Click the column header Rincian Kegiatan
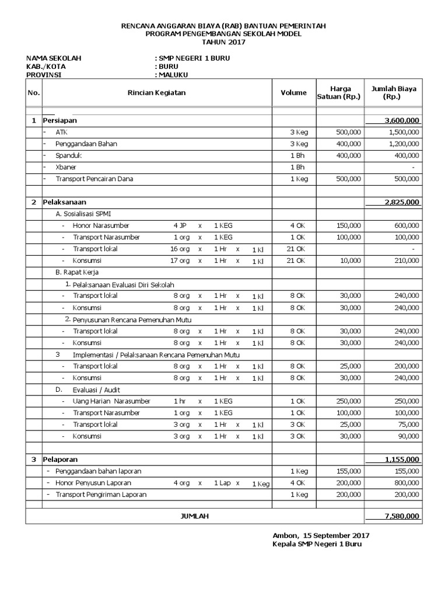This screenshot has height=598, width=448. (x=157, y=92)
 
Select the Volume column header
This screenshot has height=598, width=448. (x=293, y=92)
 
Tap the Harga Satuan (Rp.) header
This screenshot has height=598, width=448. (x=338, y=92)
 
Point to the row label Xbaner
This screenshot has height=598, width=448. (x=66, y=167)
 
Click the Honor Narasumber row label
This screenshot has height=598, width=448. (x=101, y=225)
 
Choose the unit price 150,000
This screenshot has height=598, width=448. (x=348, y=225)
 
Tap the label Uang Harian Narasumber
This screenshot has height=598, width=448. (x=111, y=401)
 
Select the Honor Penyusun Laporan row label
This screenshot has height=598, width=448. (x=93, y=483)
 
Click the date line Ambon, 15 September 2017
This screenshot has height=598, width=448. (x=321, y=535)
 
